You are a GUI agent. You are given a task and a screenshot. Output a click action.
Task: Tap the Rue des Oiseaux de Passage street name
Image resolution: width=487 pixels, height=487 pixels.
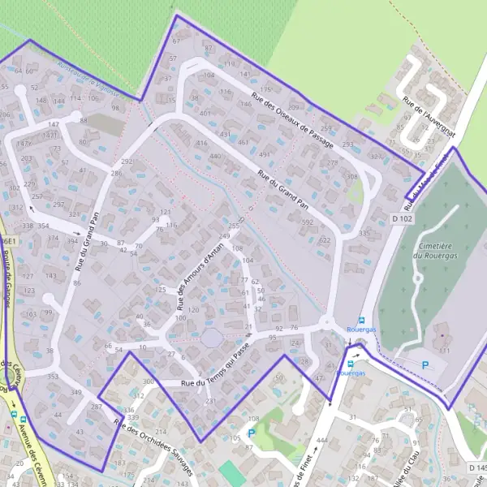point(293,119)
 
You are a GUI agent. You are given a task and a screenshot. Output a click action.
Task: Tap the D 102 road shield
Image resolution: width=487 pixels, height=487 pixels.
point(400,218)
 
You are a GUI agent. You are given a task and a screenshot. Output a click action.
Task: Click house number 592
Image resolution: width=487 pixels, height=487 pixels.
point(307,222)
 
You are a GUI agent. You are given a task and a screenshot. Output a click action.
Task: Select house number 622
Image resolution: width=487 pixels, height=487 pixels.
point(325,240)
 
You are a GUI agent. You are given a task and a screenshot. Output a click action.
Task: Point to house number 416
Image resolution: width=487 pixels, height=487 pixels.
point(201,143)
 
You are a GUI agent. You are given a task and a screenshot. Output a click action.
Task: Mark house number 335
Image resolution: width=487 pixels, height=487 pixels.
point(364,233)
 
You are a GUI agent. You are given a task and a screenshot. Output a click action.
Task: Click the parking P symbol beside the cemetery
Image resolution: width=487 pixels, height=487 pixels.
point(425,365)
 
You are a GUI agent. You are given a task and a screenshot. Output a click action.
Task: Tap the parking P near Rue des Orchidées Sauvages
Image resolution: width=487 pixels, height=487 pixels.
point(251,433)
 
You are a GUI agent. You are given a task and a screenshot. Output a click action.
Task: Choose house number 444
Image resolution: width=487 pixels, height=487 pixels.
point(321,439)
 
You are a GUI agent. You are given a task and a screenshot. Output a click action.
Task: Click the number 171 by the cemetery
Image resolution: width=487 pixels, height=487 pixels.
point(445,351)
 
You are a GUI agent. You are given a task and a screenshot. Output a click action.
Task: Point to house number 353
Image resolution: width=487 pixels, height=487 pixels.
point(53,377)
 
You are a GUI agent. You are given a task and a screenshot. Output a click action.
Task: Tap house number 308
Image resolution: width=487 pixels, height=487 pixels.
point(351,176)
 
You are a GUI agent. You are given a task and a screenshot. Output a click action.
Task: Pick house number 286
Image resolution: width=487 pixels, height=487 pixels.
point(116,174)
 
